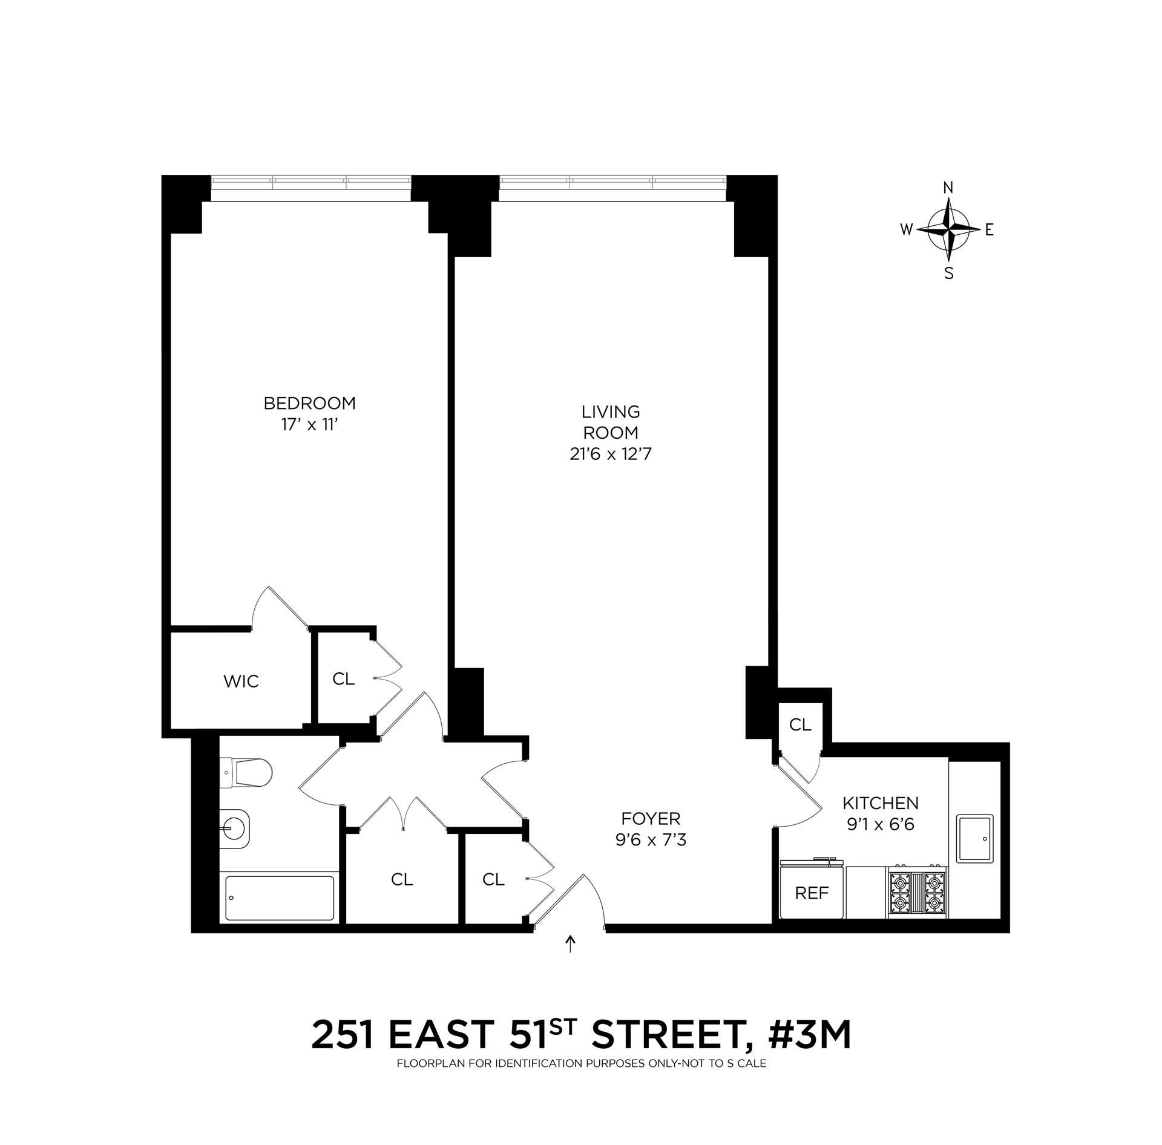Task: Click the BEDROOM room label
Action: (309, 402)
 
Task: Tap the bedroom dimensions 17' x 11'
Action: (309, 425)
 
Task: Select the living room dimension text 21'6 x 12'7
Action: (610, 454)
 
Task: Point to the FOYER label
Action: (651, 819)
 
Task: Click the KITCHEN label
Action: (881, 803)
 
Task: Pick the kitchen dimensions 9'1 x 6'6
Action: (881, 825)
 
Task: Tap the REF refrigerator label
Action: (812, 893)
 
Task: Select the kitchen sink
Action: (974, 838)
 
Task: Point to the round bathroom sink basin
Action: (234, 825)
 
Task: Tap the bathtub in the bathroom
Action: (279, 898)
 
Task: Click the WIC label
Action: (241, 681)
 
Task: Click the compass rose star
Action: (948, 230)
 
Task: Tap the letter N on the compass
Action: (948, 188)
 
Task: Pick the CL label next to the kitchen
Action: (800, 725)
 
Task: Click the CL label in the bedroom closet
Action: (343, 679)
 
